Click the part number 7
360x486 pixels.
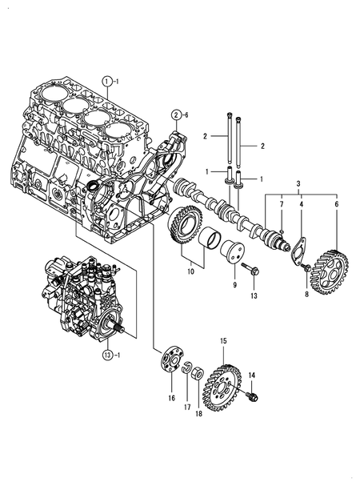tap(281, 206)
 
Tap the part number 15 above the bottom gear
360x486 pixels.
tap(223, 340)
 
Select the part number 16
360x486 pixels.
tap(170, 397)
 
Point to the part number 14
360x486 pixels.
tap(251, 376)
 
